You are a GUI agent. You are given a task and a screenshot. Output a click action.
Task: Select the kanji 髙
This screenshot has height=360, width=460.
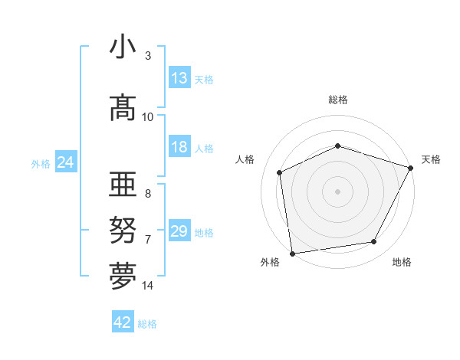click(123, 108)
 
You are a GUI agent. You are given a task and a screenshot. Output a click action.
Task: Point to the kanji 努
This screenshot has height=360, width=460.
click(123, 231)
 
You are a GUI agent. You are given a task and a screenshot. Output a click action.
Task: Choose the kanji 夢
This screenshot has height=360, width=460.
click(123, 277)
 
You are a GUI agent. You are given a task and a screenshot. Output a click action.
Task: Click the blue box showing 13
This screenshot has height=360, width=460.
click(179, 78)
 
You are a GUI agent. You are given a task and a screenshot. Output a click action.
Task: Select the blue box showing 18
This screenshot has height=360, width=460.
click(179, 148)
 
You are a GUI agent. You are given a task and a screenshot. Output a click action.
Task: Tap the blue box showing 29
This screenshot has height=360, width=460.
click(179, 231)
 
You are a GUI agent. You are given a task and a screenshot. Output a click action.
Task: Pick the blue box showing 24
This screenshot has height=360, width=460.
click(66, 162)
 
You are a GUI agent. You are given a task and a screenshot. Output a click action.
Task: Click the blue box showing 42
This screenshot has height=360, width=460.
click(123, 322)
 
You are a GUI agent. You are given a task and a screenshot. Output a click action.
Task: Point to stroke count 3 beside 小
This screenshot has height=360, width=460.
click(148, 56)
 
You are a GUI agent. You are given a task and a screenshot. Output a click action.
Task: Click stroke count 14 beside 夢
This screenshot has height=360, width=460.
click(148, 286)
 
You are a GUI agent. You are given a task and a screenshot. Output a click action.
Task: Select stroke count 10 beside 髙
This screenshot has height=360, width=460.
click(148, 116)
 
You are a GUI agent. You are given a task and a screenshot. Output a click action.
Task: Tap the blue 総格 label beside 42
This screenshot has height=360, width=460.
click(147, 324)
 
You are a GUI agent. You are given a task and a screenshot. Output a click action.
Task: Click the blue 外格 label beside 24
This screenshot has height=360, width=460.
click(41, 163)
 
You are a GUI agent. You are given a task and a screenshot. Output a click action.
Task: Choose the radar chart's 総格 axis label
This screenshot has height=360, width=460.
click(338, 100)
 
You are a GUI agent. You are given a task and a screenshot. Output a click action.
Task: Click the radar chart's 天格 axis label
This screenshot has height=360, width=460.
click(431, 159)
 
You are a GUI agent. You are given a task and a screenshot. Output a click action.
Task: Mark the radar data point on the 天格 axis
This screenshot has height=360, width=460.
click(411, 168)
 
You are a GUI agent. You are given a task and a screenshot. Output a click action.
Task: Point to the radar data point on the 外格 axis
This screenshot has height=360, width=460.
click(292, 253)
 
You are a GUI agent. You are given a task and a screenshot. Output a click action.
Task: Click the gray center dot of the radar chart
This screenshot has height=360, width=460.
click(337, 191)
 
